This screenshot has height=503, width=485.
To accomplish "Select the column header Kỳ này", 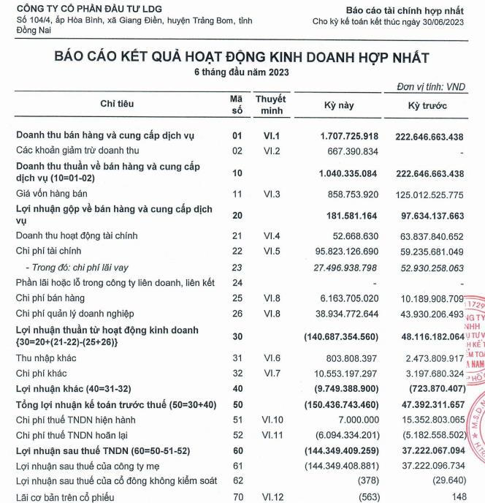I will pyautogui.click(x=338, y=105).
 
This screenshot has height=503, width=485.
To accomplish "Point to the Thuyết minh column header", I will pyautogui.click(x=270, y=105).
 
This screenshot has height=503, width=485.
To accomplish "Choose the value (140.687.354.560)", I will pyautogui.click(x=341, y=336).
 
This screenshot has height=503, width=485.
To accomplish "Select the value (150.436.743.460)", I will pyautogui.click(x=341, y=404).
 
